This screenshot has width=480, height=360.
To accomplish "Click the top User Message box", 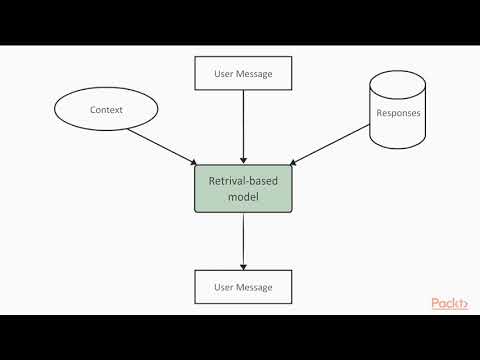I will (243, 73).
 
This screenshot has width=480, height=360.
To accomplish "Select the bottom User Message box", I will (243, 287).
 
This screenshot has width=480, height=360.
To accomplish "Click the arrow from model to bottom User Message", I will (243, 240).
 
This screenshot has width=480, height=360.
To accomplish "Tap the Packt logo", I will (452, 304).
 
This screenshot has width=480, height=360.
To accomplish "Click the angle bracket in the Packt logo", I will (467, 304).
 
